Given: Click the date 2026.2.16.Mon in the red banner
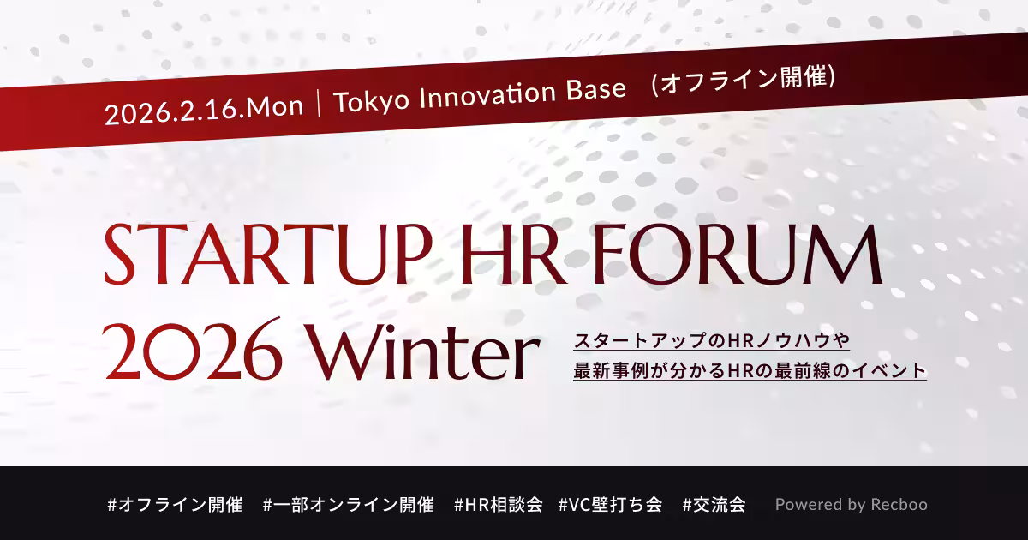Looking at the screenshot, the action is pyautogui.click(x=204, y=111).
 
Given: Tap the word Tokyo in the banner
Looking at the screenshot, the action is pyautogui.click(x=371, y=101).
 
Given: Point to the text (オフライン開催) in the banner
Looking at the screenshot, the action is pyautogui.click(x=743, y=79).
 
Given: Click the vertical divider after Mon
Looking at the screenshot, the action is pyautogui.click(x=319, y=105).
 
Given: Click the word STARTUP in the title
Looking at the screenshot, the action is pyautogui.click(x=268, y=254).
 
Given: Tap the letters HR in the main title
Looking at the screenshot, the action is pyautogui.click(x=513, y=254).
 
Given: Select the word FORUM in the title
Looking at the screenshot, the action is pyautogui.click(x=738, y=254).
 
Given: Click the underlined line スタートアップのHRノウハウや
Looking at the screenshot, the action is pyautogui.click(x=711, y=341).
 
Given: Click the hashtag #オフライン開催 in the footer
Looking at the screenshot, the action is pyautogui.click(x=175, y=505).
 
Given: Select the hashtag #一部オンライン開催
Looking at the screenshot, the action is pyautogui.click(x=349, y=505).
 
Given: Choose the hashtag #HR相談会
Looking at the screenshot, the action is pyautogui.click(x=499, y=505).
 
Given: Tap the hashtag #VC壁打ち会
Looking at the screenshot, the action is pyautogui.click(x=611, y=505).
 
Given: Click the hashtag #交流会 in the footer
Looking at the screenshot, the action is pyautogui.click(x=714, y=505).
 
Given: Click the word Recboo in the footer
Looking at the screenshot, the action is pyautogui.click(x=899, y=505).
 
